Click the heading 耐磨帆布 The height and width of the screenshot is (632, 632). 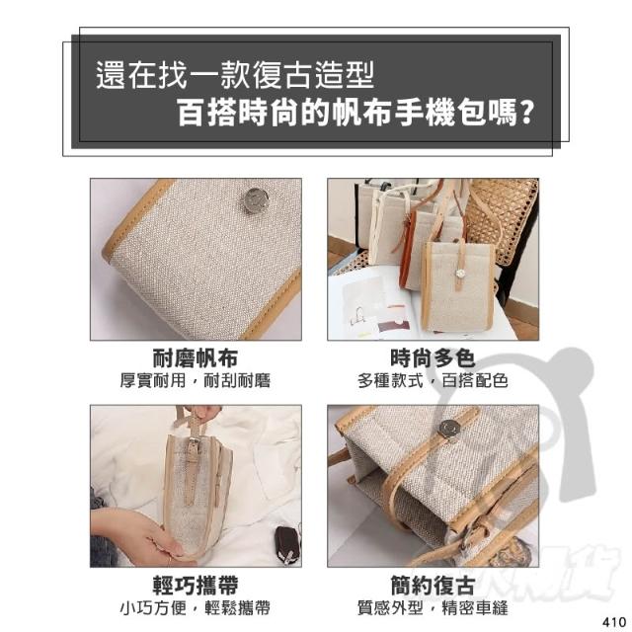click(196, 357)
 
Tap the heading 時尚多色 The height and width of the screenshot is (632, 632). click(433, 357)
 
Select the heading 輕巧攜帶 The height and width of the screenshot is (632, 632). click(196, 585)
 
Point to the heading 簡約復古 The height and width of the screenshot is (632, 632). click(433, 585)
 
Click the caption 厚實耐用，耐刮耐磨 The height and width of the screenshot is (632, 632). click(196, 380)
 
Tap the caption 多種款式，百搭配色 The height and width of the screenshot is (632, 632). click(433, 380)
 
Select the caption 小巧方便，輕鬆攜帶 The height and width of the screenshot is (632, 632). click(196, 608)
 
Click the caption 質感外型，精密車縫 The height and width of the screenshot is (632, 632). click(433, 608)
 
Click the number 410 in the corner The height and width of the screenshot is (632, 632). click(614, 621)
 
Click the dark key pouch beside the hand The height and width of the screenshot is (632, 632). click(286, 544)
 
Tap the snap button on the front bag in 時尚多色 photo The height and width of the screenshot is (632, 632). click(458, 273)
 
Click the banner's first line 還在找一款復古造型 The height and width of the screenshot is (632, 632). click(235, 75)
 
